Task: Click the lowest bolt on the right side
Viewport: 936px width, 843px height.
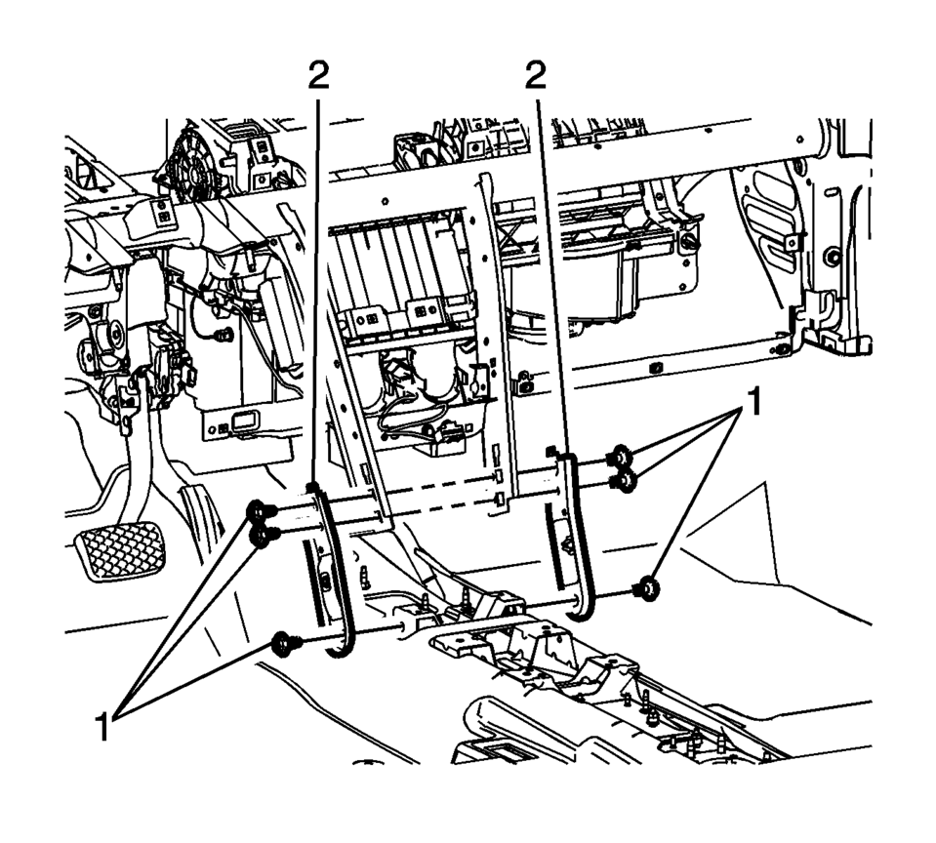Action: pos(643,589)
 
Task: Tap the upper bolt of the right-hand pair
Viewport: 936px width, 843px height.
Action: pos(618,456)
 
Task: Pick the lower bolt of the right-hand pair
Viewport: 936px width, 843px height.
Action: pos(618,479)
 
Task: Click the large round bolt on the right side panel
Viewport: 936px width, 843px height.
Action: pos(832,257)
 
